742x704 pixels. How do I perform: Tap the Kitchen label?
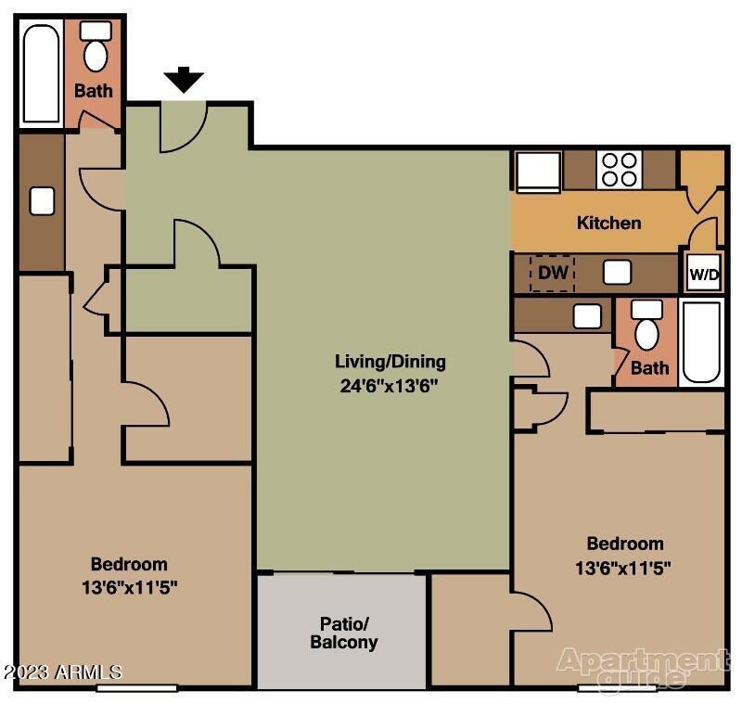tap(608, 223)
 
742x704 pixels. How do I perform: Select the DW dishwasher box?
tap(552, 274)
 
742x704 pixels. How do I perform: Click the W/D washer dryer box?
tap(703, 275)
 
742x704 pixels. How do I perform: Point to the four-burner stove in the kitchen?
tap(619, 170)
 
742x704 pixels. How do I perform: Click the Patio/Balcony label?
tap(343, 632)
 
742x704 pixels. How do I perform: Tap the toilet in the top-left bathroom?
tap(96, 47)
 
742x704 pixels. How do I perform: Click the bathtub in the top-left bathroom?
tap(41, 74)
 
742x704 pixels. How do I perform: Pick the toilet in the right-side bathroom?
tap(646, 326)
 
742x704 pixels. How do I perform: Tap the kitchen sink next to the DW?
tap(617, 272)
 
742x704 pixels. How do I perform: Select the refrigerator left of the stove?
tap(538, 172)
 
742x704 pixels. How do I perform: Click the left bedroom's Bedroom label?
tap(129, 564)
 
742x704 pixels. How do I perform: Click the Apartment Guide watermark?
tap(642, 668)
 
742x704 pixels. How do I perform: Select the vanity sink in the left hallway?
tap(42, 200)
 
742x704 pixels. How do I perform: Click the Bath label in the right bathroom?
tap(649, 368)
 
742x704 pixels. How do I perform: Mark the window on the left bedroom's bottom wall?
tap(136, 687)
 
